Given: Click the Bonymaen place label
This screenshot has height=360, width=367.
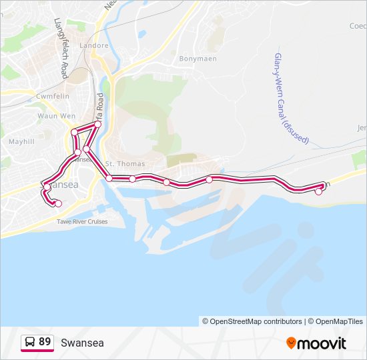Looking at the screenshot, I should [194, 59].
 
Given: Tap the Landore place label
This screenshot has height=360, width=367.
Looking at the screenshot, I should [93, 46].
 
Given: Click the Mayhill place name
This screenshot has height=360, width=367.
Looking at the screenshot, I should [21, 142].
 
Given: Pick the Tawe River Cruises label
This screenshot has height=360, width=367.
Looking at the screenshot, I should [81, 221].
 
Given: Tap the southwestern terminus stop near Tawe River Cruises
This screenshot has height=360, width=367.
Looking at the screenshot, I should [58, 203].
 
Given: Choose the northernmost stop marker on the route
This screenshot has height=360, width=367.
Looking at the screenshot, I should [98, 125].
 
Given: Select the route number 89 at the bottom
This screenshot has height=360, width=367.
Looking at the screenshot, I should [45, 342].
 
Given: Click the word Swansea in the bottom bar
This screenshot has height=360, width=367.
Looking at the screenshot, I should [82, 343].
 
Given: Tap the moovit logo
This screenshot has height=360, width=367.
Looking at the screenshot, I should [316, 343].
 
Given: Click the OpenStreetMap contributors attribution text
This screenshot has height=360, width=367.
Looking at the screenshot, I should [252, 321].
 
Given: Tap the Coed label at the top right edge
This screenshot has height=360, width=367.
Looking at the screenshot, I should [358, 26].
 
